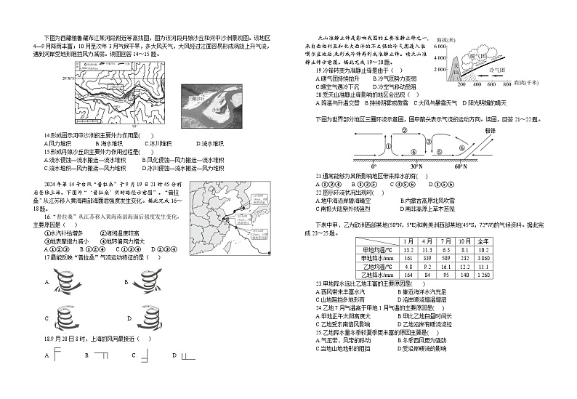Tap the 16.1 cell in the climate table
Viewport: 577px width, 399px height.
[x=429, y=267]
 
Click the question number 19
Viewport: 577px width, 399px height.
[x=319, y=70]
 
